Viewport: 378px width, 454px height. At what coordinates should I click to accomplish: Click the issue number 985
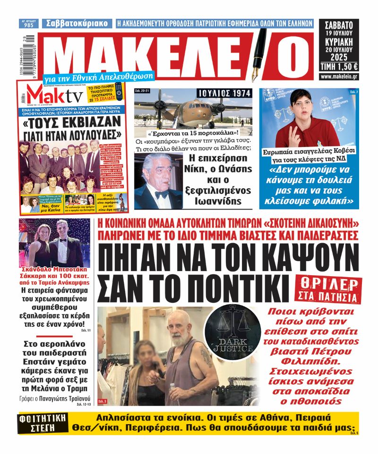click(x=29, y=25)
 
